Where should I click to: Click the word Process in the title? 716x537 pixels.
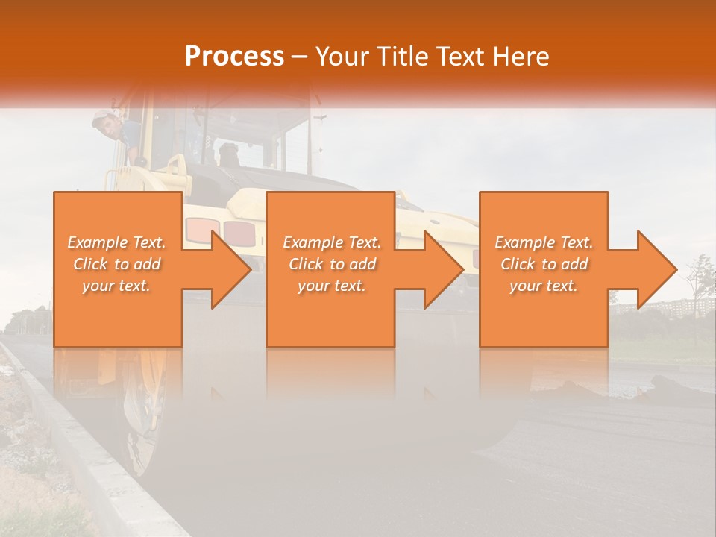pos(234,56)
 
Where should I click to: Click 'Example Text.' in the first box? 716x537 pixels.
pos(117,242)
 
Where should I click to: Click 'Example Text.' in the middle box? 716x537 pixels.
pos(332,242)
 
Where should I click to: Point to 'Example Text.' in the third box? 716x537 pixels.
pos(544,242)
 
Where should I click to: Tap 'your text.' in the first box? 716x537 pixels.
pos(117,286)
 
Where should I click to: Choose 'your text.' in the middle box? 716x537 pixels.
pos(332,286)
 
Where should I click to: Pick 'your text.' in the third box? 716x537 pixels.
pos(544,286)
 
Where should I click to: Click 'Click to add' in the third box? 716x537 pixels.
pos(544,264)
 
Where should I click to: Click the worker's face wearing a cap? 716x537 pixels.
pos(109,127)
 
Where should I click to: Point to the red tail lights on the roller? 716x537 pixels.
pos(224,231)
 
